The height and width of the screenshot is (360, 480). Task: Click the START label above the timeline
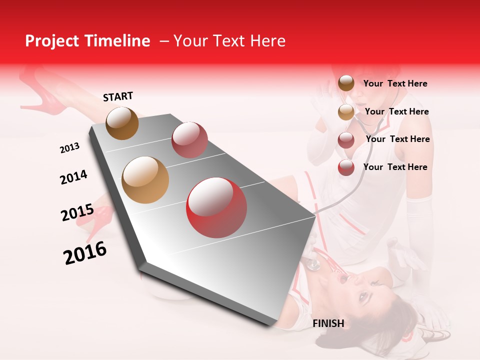118,96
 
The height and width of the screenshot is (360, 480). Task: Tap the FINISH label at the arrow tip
328,323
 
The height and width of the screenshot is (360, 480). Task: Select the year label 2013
69,148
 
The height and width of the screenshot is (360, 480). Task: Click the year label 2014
73,177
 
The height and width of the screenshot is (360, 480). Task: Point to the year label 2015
77,212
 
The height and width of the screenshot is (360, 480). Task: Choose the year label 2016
85,253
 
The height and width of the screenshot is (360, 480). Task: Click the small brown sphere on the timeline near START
122,123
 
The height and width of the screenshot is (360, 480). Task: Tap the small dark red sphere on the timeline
189,140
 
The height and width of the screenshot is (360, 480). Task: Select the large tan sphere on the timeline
145,180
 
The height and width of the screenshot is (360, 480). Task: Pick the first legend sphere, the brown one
346,83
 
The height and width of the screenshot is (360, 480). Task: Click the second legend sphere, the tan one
346,112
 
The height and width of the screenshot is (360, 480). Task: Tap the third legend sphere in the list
346,140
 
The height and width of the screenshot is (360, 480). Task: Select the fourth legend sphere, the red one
346,167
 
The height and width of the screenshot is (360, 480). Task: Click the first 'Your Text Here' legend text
395,84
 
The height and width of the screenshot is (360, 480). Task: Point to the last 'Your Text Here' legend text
395,167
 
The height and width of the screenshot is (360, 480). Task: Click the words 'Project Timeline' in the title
87,41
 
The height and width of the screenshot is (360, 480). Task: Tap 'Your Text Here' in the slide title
229,41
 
